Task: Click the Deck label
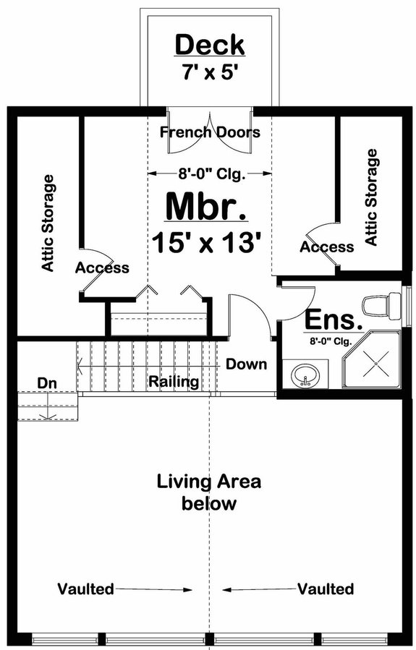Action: click(x=211, y=45)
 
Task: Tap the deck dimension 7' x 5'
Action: click(x=211, y=73)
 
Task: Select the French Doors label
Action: click(x=210, y=132)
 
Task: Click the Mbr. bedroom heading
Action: click(x=206, y=205)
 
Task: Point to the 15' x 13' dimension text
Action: click(x=206, y=241)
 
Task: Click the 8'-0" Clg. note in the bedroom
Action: click(x=210, y=174)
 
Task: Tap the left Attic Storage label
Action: click(x=48, y=223)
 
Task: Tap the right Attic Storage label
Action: click(x=372, y=197)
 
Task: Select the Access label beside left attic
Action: click(x=102, y=268)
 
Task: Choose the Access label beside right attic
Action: click(x=327, y=247)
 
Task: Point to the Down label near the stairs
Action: click(x=246, y=364)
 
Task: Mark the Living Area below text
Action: click(x=209, y=492)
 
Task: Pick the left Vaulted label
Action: click(x=86, y=589)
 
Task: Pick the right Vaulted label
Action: click(x=326, y=589)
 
